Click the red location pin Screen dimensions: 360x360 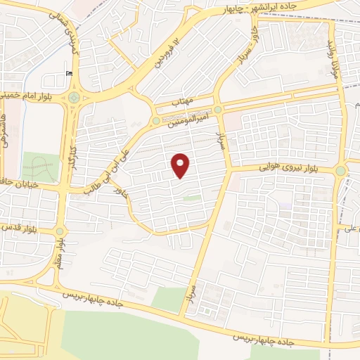[x=181, y=165]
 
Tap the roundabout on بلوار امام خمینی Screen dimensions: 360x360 [x=73, y=98]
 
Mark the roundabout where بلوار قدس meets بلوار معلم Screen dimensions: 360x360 [x=60, y=231]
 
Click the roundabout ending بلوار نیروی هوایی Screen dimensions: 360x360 [x=340, y=170]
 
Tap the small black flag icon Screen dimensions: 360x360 [x=68, y=72]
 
